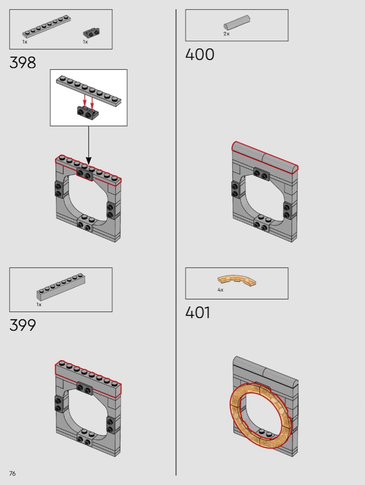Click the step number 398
23,62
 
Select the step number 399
23,325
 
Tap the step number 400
200,55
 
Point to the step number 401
198,312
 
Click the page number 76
12,473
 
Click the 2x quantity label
226,34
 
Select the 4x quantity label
220,290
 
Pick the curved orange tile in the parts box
237,280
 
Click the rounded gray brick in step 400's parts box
237,22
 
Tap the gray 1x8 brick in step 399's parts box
61,286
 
